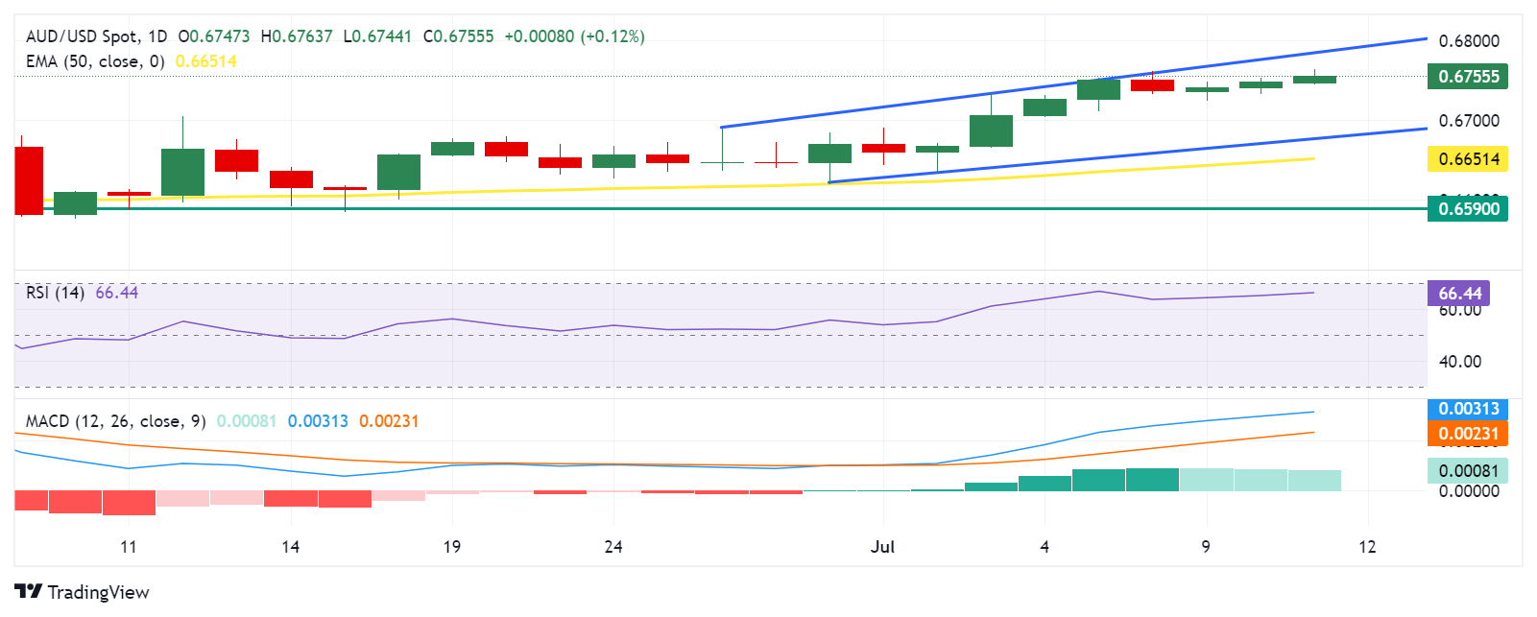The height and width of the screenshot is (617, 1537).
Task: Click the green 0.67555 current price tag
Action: tap(1468, 77)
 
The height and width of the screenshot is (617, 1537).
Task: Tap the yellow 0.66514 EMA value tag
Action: tap(1468, 159)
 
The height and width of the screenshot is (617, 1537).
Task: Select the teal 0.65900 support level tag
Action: tap(1468, 209)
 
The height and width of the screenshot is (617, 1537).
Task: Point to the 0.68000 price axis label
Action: tap(1469, 41)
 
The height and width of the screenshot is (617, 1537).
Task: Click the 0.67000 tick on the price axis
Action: tap(1469, 121)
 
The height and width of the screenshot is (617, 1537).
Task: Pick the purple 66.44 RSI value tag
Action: tap(1459, 294)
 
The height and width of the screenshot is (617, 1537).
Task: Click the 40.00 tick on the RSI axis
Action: tap(1459, 362)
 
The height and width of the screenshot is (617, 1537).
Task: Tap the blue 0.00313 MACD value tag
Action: tap(1468, 409)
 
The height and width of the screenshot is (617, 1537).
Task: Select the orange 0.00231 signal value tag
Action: tap(1468, 434)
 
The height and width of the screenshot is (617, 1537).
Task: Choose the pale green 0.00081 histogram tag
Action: tap(1468, 470)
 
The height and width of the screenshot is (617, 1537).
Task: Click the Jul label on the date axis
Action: tap(882, 547)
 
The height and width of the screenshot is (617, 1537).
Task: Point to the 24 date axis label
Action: tap(613, 547)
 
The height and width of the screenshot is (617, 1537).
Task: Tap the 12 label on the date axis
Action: tap(1367, 547)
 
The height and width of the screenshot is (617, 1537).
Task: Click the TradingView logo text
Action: tap(83, 592)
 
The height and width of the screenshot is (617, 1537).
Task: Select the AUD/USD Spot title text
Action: tap(81, 36)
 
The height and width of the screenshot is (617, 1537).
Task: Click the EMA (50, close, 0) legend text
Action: tap(95, 61)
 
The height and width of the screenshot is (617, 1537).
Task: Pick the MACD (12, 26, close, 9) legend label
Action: tap(115, 421)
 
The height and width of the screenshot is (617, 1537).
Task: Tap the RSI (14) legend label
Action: tap(55, 293)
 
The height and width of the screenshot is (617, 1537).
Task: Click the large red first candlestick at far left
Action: tap(29, 180)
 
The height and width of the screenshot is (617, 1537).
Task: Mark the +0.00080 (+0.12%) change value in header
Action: tap(574, 36)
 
